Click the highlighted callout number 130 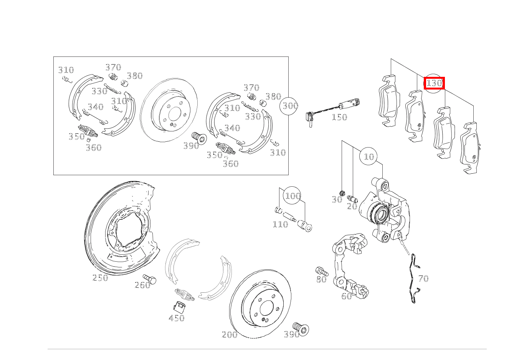click(434, 83)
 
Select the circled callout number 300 click(290, 105)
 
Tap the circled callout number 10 click(369, 156)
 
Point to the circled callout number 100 click(293, 196)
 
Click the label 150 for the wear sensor click(339, 117)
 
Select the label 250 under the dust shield click(100, 278)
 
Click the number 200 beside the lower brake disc click(230, 335)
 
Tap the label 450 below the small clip click(177, 318)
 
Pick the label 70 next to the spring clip click(423, 279)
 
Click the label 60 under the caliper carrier click(346, 296)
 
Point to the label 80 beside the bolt click(321, 280)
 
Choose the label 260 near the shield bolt click(142, 285)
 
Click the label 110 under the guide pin click(280, 224)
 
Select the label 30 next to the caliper click(337, 200)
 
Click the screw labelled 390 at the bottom click(301, 329)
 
